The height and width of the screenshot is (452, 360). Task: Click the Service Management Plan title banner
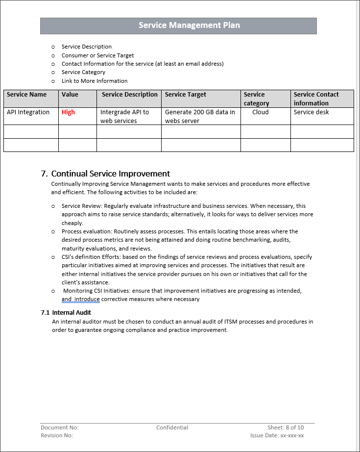[x=189, y=25]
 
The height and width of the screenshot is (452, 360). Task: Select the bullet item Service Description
[x=86, y=47]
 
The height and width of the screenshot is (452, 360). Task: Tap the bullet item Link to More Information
[x=94, y=81]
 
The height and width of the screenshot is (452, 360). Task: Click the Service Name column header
[x=27, y=95]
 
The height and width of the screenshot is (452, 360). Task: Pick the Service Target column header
[x=186, y=95]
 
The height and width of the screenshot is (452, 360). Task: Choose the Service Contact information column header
[x=316, y=99]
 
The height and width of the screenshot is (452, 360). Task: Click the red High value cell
[x=68, y=112]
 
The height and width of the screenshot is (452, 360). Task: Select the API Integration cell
[x=28, y=112]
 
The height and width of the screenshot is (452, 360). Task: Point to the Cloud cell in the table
[x=260, y=112]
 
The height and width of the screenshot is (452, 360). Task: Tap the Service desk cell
[x=311, y=112]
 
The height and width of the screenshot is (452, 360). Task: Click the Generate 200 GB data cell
[x=200, y=116]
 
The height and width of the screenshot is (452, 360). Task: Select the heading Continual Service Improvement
[x=110, y=174]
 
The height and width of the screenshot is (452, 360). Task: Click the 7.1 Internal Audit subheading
[x=72, y=312]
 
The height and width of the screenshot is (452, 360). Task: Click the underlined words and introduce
[x=80, y=299]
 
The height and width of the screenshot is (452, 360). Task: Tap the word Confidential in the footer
[x=172, y=427]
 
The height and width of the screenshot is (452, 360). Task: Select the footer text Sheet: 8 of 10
[x=286, y=427]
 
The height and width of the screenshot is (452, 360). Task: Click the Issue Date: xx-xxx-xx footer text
[x=277, y=435]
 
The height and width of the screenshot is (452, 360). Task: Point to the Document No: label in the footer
[x=59, y=427]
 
